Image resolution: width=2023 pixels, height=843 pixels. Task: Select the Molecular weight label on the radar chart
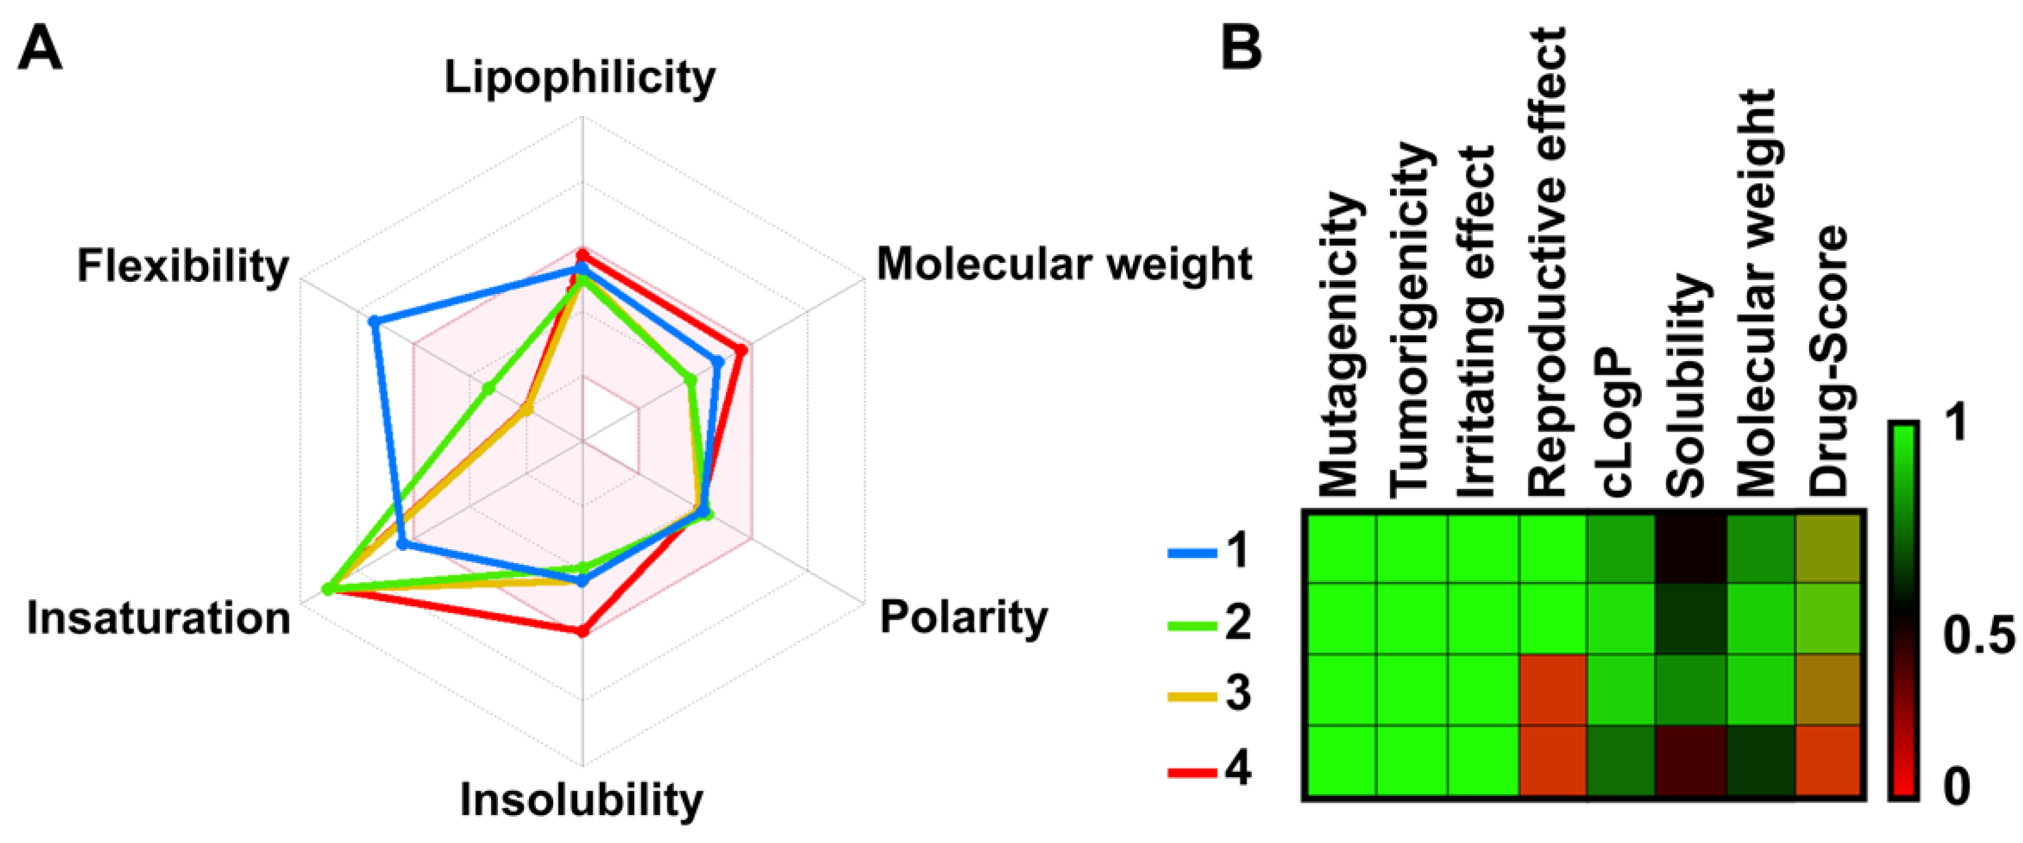coord(1063,264)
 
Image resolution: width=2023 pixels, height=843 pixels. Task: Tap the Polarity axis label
coord(964,618)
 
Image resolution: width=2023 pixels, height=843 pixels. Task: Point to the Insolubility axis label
coord(581,800)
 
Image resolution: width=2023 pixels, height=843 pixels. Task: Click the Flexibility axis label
coord(183,267)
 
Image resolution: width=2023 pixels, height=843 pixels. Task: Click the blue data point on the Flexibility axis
coord(375,321)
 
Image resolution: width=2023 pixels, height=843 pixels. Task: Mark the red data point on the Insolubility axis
coord(582,631)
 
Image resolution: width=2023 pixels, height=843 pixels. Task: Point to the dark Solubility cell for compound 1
coord(1691,548)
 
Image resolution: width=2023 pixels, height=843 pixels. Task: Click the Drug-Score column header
coord(1828,361)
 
